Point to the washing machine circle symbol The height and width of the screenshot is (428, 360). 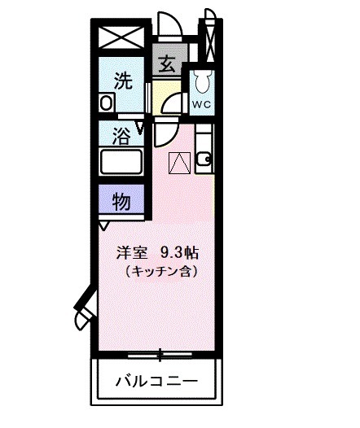(107, 103)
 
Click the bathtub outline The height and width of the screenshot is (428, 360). (120, 160)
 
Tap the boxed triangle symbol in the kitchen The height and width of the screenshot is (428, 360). (179, 163)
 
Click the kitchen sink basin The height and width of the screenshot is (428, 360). (204, 156)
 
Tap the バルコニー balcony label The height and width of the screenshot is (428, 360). (155, 380)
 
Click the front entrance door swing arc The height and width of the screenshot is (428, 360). (169, 24)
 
